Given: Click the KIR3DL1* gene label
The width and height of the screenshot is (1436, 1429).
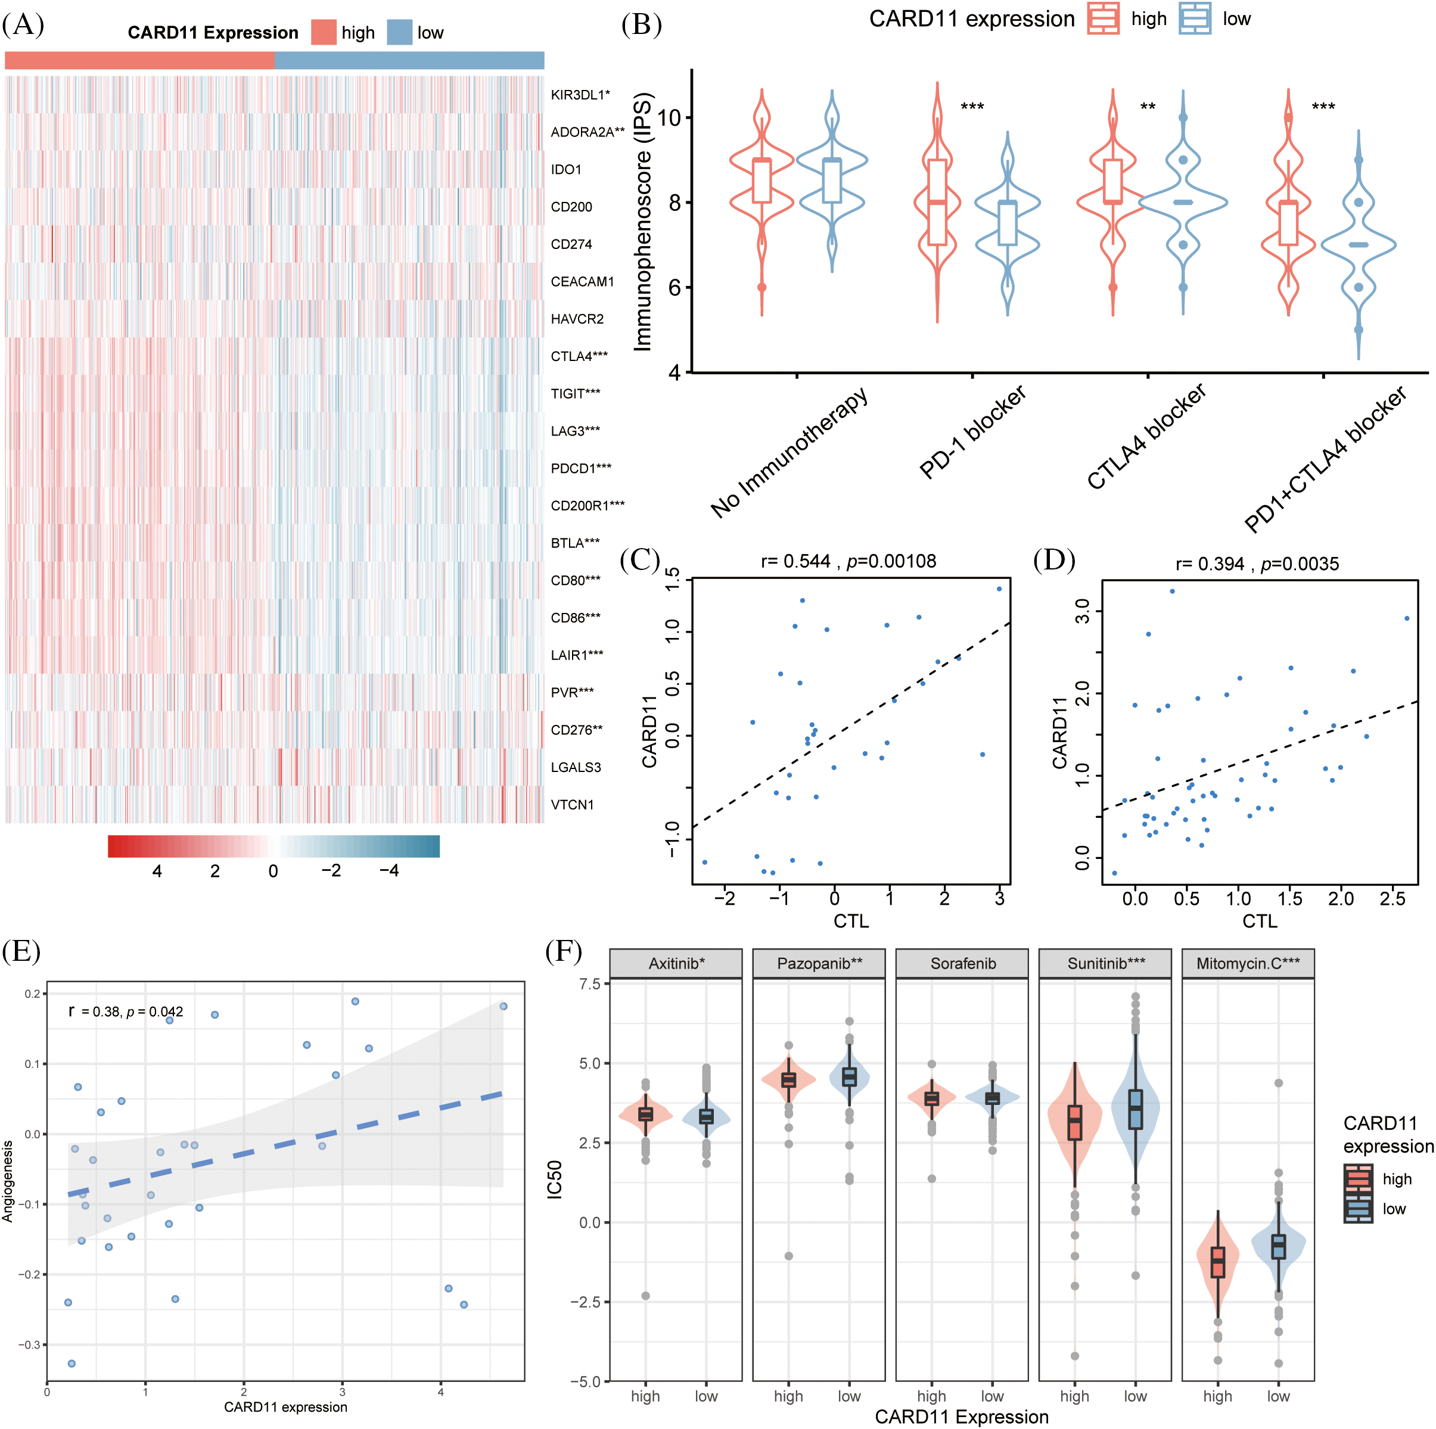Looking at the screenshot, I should pyautogui.click(x=580, y=94).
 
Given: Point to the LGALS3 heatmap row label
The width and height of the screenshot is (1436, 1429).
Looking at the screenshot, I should pyautogui.click(x=575, y=767).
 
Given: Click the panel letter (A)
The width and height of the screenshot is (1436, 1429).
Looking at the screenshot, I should pyautogui.click(x=23, y=24).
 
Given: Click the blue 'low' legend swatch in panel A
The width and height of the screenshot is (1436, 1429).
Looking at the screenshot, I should pyautogui.click(x=399, y=33).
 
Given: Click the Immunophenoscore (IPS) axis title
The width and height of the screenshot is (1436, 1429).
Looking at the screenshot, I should pyautogui.click(x=642, y=221).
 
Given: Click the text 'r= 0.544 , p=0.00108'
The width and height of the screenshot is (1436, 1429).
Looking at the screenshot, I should pyautogui.click(x=848, y=561).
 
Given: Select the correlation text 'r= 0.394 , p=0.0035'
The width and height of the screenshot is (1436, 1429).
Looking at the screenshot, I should pyautogui.click(x=1257, y=563).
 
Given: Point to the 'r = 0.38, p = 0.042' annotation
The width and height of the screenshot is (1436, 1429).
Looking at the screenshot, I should pyautogui.click(x=126, y=1011).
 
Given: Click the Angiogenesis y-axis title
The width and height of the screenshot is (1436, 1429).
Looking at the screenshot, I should pyautogui.click(x=8, y=1182).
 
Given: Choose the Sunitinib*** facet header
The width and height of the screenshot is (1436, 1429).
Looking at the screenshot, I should pyautogui.click(x=1106, y=963).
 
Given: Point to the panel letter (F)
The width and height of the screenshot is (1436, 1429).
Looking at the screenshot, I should pyautogui.click(x=564, y=951).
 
